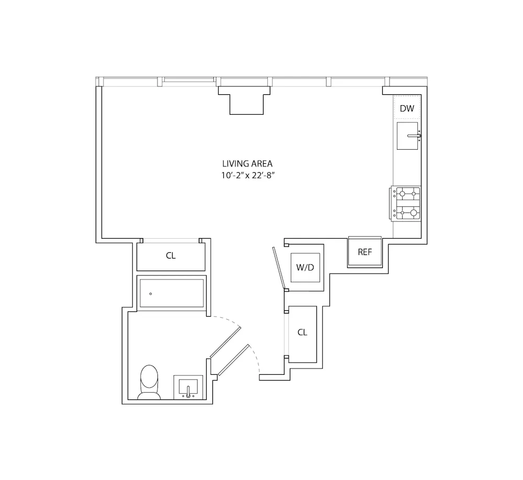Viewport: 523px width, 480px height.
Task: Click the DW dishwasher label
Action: click(x=407, y=109)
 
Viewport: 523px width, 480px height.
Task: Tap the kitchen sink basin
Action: click(x=407, y=136)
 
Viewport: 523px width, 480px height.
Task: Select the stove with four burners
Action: click(x=407, y=203)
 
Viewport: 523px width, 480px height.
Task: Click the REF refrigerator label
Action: click(x=365, y=252)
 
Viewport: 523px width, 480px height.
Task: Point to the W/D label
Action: click(x=305, y=267)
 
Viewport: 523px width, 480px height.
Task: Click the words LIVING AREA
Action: click(x=247, y=164)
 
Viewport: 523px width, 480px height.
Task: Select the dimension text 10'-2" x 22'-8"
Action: click(x=247, y=176)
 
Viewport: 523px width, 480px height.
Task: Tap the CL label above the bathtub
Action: click(x=171, y=256)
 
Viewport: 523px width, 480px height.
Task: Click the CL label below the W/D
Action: click(x=302, y=332)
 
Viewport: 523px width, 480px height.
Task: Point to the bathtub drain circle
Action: click(x=151, y=294)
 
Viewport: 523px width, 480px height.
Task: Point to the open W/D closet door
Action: click(x=279, y=267)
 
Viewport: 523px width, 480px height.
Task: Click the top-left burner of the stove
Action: click(x=402, y=193)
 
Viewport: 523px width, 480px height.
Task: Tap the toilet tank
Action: click(x=150, y=395)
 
